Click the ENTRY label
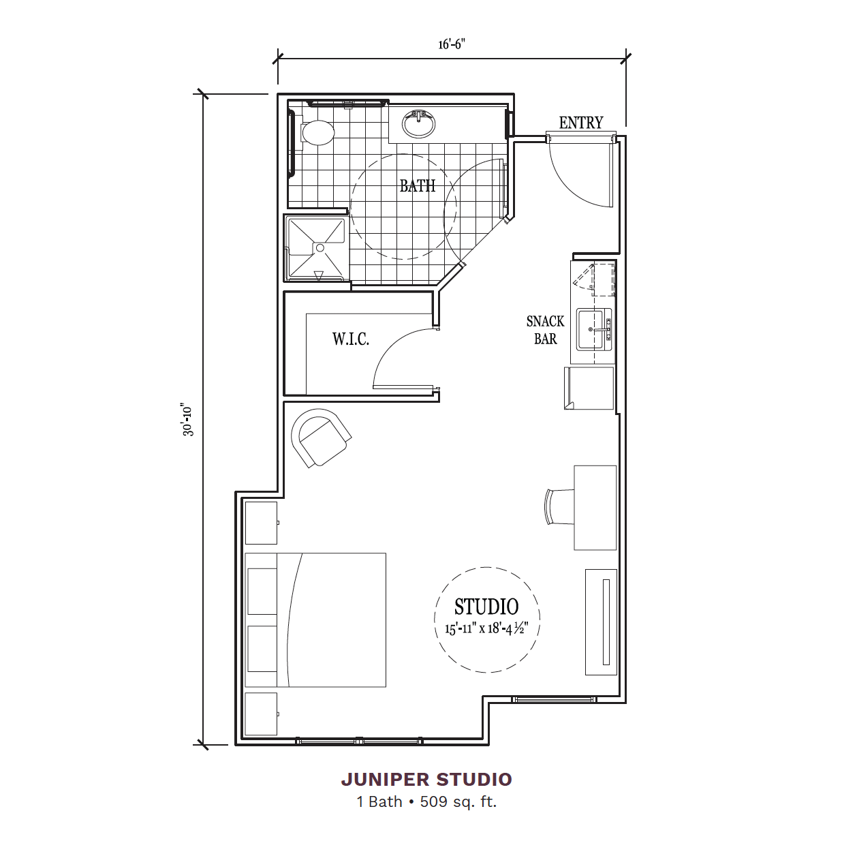tap(581, 123)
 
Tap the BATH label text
tap(417, 185)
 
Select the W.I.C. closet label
tap(350, 339)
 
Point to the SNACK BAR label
tap(545, 330)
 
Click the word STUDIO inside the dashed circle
tap(486, 607)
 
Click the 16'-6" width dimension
tap(452, 44)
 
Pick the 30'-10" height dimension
tap(189, 420)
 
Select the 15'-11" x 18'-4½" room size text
tap(486, 628)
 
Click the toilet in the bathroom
tap(317, 132)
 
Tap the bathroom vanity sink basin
tap(418, 124)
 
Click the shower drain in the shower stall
tap(320, 248)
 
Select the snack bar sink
tap(594, 329)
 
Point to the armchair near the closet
tap(320, 437)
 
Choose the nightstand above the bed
tap(262, 523)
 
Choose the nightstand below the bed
tap(262, 714)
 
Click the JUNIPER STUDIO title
tap(426, 780)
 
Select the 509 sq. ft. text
tap(458, 801)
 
